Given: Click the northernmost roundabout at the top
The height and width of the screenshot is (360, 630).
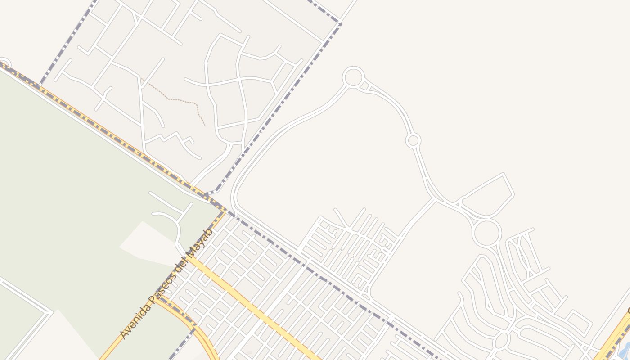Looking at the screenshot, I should (x=353, y=77).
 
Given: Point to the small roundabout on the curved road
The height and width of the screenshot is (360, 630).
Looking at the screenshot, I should (x=413, y=140).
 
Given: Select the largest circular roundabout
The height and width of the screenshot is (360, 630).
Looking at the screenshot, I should (x=486, y=233).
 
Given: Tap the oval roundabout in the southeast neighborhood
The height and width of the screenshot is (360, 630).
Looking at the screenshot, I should (x=501, y=341).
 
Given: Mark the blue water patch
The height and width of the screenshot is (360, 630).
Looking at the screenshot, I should (x=625, y=351).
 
